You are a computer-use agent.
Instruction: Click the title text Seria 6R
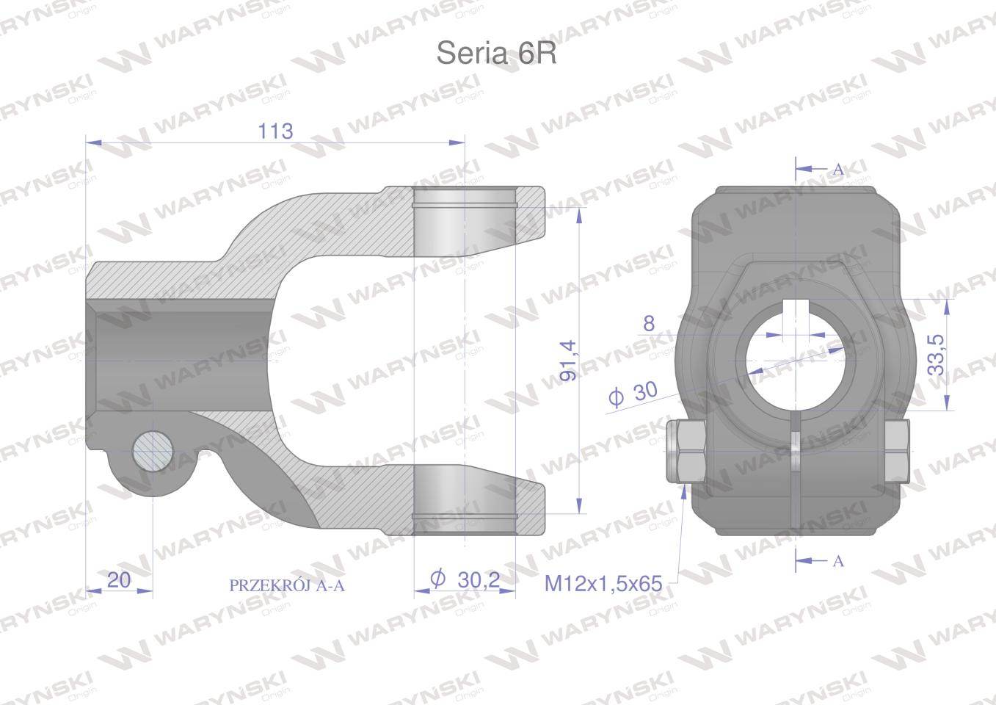pyautogui.click(x=496, y=54)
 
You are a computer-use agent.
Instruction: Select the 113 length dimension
pyautogui.click(x=275, y=131)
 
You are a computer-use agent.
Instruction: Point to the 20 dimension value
pyautogui.click(x=118, y=580)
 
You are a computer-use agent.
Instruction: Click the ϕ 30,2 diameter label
pyautogui.click(x=465, y=580)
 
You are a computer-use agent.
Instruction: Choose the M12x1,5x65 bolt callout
pyautogui.click(x=603, y=584)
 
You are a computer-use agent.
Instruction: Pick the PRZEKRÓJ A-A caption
pyautogui.click(x=286, y=585)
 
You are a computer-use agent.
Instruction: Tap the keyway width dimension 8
pyautogui.click(x=648, y=323)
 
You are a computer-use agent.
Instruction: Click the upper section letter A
pyautogui.click(x=837, y=169)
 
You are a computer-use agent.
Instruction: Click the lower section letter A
pyautogui.click(x=837, y=561)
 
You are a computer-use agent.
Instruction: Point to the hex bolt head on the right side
pyautogui.click(x=896, y=451)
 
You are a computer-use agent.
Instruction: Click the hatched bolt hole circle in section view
pyautogui.click(x=153, y=452)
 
